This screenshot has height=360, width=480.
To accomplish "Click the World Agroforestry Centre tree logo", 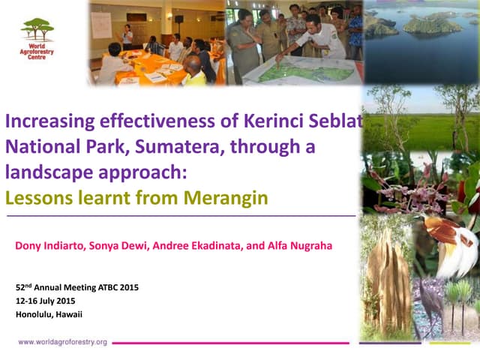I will click(37, 29).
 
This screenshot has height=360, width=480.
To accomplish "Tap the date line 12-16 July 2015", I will click(46, 301).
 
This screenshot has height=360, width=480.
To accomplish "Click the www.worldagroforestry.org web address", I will click(63, 342).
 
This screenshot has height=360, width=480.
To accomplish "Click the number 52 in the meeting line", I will click(20, 288).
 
